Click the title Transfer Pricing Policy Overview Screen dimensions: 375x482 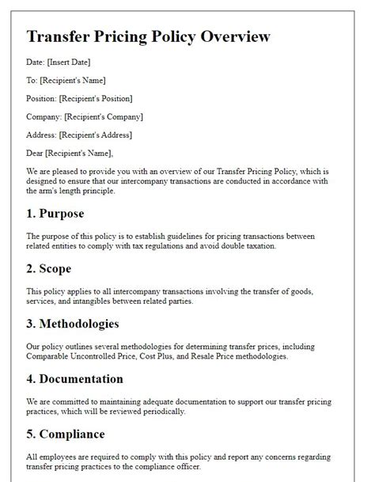(148, 36)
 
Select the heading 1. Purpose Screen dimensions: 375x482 (55, 214)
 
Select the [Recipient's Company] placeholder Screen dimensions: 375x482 (104, 116)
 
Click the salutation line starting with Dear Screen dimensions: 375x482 (70, 153)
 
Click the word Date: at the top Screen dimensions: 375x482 (37, 62)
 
